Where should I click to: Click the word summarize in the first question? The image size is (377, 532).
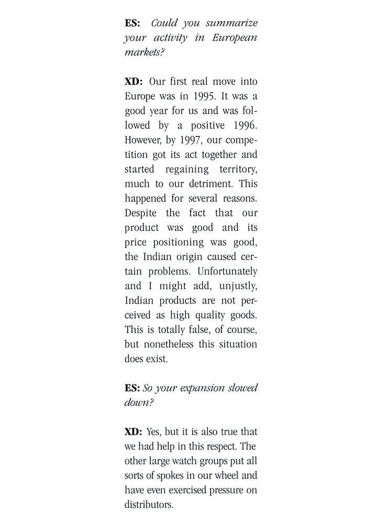[x=229, y=24]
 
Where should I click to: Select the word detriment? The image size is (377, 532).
[x=206, y=184]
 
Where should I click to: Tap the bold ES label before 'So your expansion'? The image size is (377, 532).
[x=132, y=389]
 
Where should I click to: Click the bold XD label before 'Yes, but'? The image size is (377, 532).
[x=133, y=433]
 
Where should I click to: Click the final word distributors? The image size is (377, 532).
[x=149, y=505]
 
